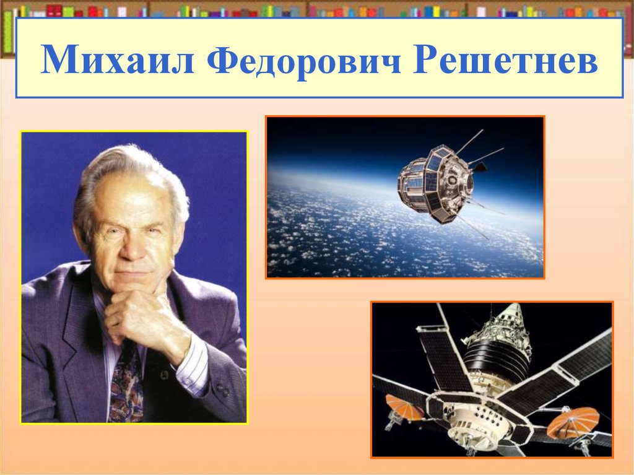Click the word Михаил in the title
(x=117, y=59)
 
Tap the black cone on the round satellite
(x=480, y=167)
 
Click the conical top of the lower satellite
(x=510, y=319)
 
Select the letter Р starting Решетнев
(x=427, y=59)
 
